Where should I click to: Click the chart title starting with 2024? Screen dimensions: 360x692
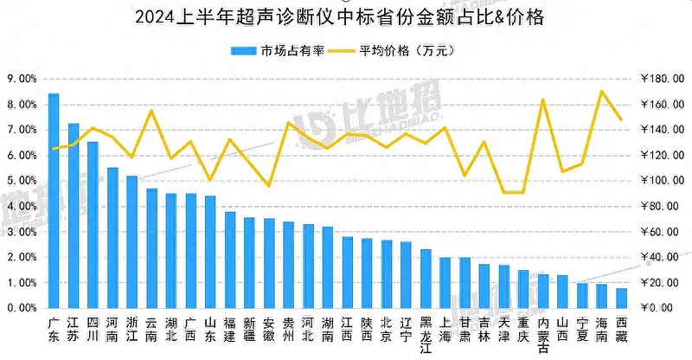pyautogui.click(x=346, y=16)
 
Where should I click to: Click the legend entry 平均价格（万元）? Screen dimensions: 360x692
pyautogui.click(x=407, y=49)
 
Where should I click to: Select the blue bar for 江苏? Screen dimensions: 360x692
pyautogui.click(x=74, y=215)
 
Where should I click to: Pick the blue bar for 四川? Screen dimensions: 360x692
pyautogui.click(x=93, y=225)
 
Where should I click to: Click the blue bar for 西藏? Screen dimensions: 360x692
pyautogui.click(x=621, y=298)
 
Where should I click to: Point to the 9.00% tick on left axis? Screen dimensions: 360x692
pyautogui.click(x=22, y=79)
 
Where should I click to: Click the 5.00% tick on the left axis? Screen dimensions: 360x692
pyautogui.click(x=22, y=181)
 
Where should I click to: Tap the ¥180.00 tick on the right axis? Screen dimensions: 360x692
pyautogui.click(x=662, y=79)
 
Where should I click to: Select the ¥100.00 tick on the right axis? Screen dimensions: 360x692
pyautogui.click(x=662, y=181)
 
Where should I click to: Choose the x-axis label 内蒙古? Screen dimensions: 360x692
pyautogui.click(x=543, y=334)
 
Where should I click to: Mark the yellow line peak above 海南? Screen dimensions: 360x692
pyautogui.click(x=602, y=91)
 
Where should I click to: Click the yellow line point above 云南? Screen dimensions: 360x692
pyautogui.click(x=151, y=110)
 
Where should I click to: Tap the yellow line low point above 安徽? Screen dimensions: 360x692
pyautogui.click(x=269, y=185)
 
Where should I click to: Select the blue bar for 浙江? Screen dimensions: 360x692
pyautogui.click(x=131, y=241)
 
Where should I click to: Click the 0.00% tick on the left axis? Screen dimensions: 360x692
pyautogui.click(x=22, y=308)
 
